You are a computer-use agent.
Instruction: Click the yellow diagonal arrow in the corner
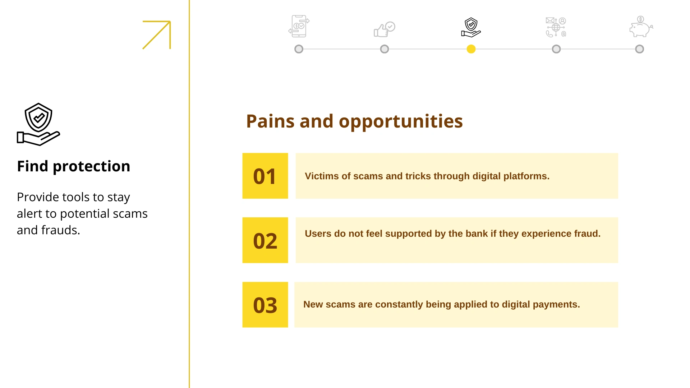click(157, 35)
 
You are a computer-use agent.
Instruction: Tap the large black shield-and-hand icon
click(38, 124)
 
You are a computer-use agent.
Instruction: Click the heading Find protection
click(73, 166)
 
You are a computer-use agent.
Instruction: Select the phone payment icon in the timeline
click(299, 26)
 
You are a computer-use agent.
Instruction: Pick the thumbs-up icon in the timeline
click(385, 29)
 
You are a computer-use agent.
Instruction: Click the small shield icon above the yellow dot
click(471, 27)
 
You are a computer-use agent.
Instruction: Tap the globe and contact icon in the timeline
click(556, 27)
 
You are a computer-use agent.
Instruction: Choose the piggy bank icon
click(641, 27)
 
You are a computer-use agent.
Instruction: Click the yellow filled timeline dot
click(471, 49)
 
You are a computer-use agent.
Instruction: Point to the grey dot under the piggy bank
click(639, 49)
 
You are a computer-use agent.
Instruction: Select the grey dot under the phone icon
click(299, 49)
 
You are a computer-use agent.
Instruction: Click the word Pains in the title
click(270, 121)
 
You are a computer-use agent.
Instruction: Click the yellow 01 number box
click(265, 176)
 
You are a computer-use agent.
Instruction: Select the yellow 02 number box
click(265, 240)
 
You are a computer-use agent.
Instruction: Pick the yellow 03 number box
click(265, 305)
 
